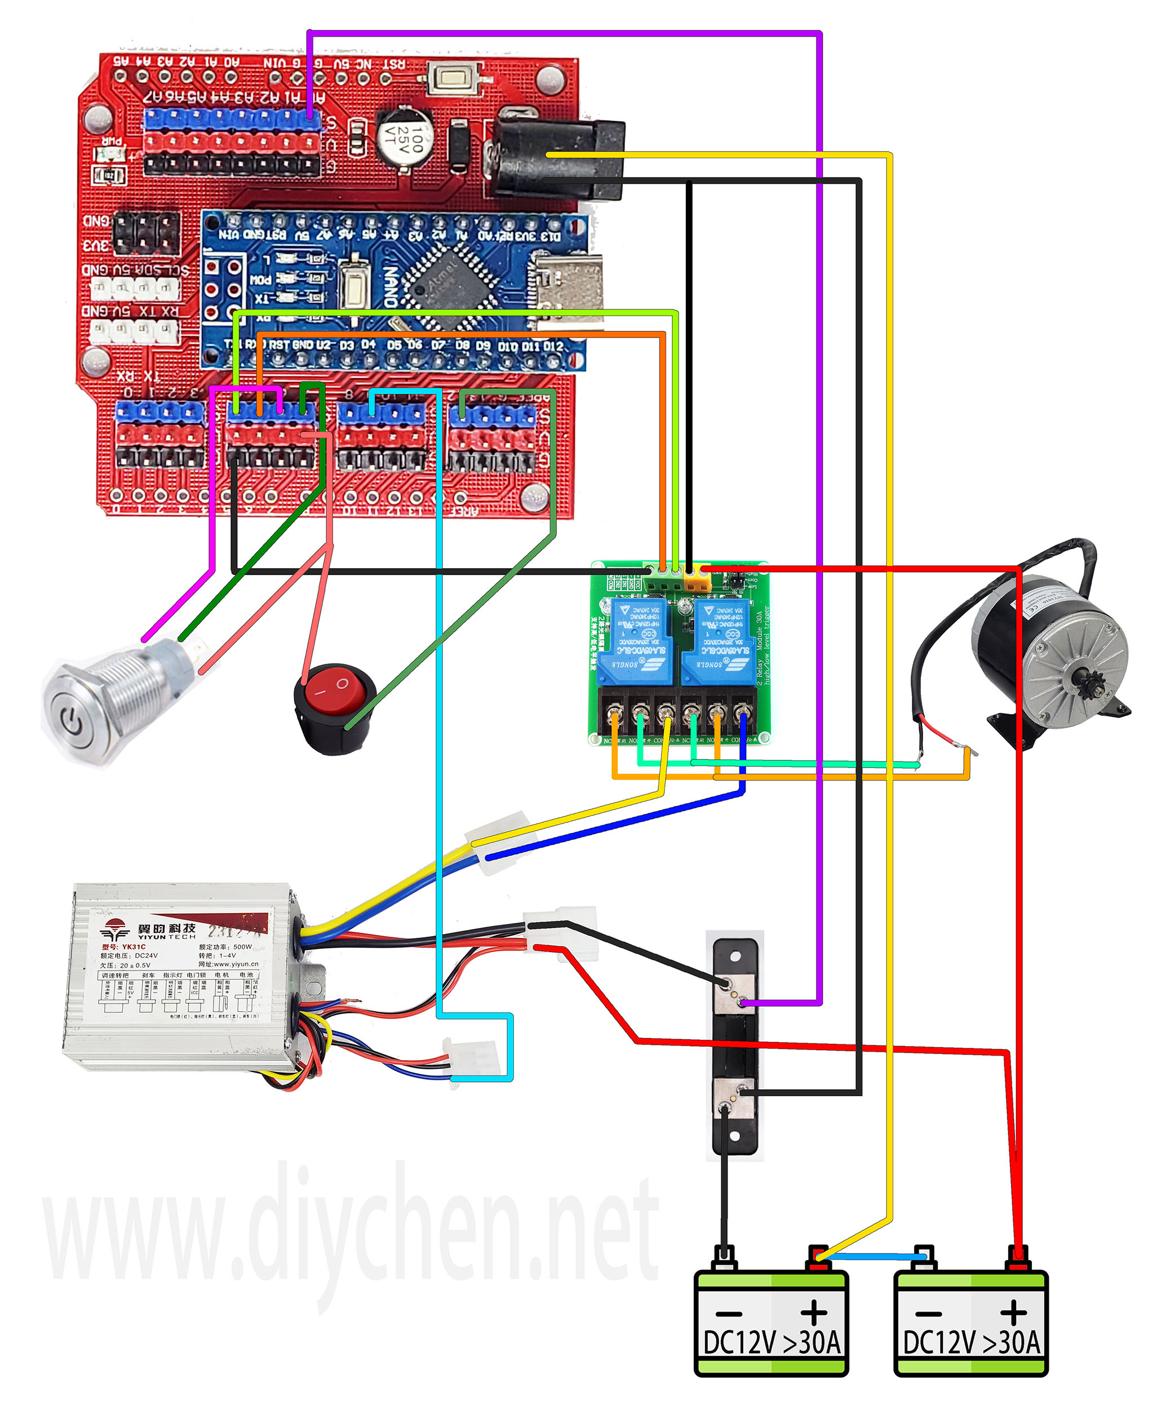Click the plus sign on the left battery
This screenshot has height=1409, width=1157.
[x=814, y=1313]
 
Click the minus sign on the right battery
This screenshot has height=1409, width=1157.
[x=928, y=1314]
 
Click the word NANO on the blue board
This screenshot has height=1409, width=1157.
[x=391, y=287]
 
